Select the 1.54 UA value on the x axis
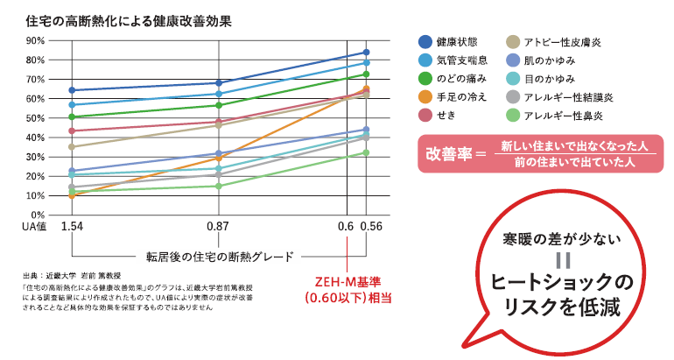click(x=72, y=227)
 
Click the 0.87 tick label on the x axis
click(x=217, y=227)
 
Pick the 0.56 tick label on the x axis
click(x=372, y=227)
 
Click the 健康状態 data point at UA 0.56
click(x=366, y=53)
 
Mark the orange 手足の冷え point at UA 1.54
click(x=72, y=195)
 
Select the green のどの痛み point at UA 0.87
click(x=217, y=105)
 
